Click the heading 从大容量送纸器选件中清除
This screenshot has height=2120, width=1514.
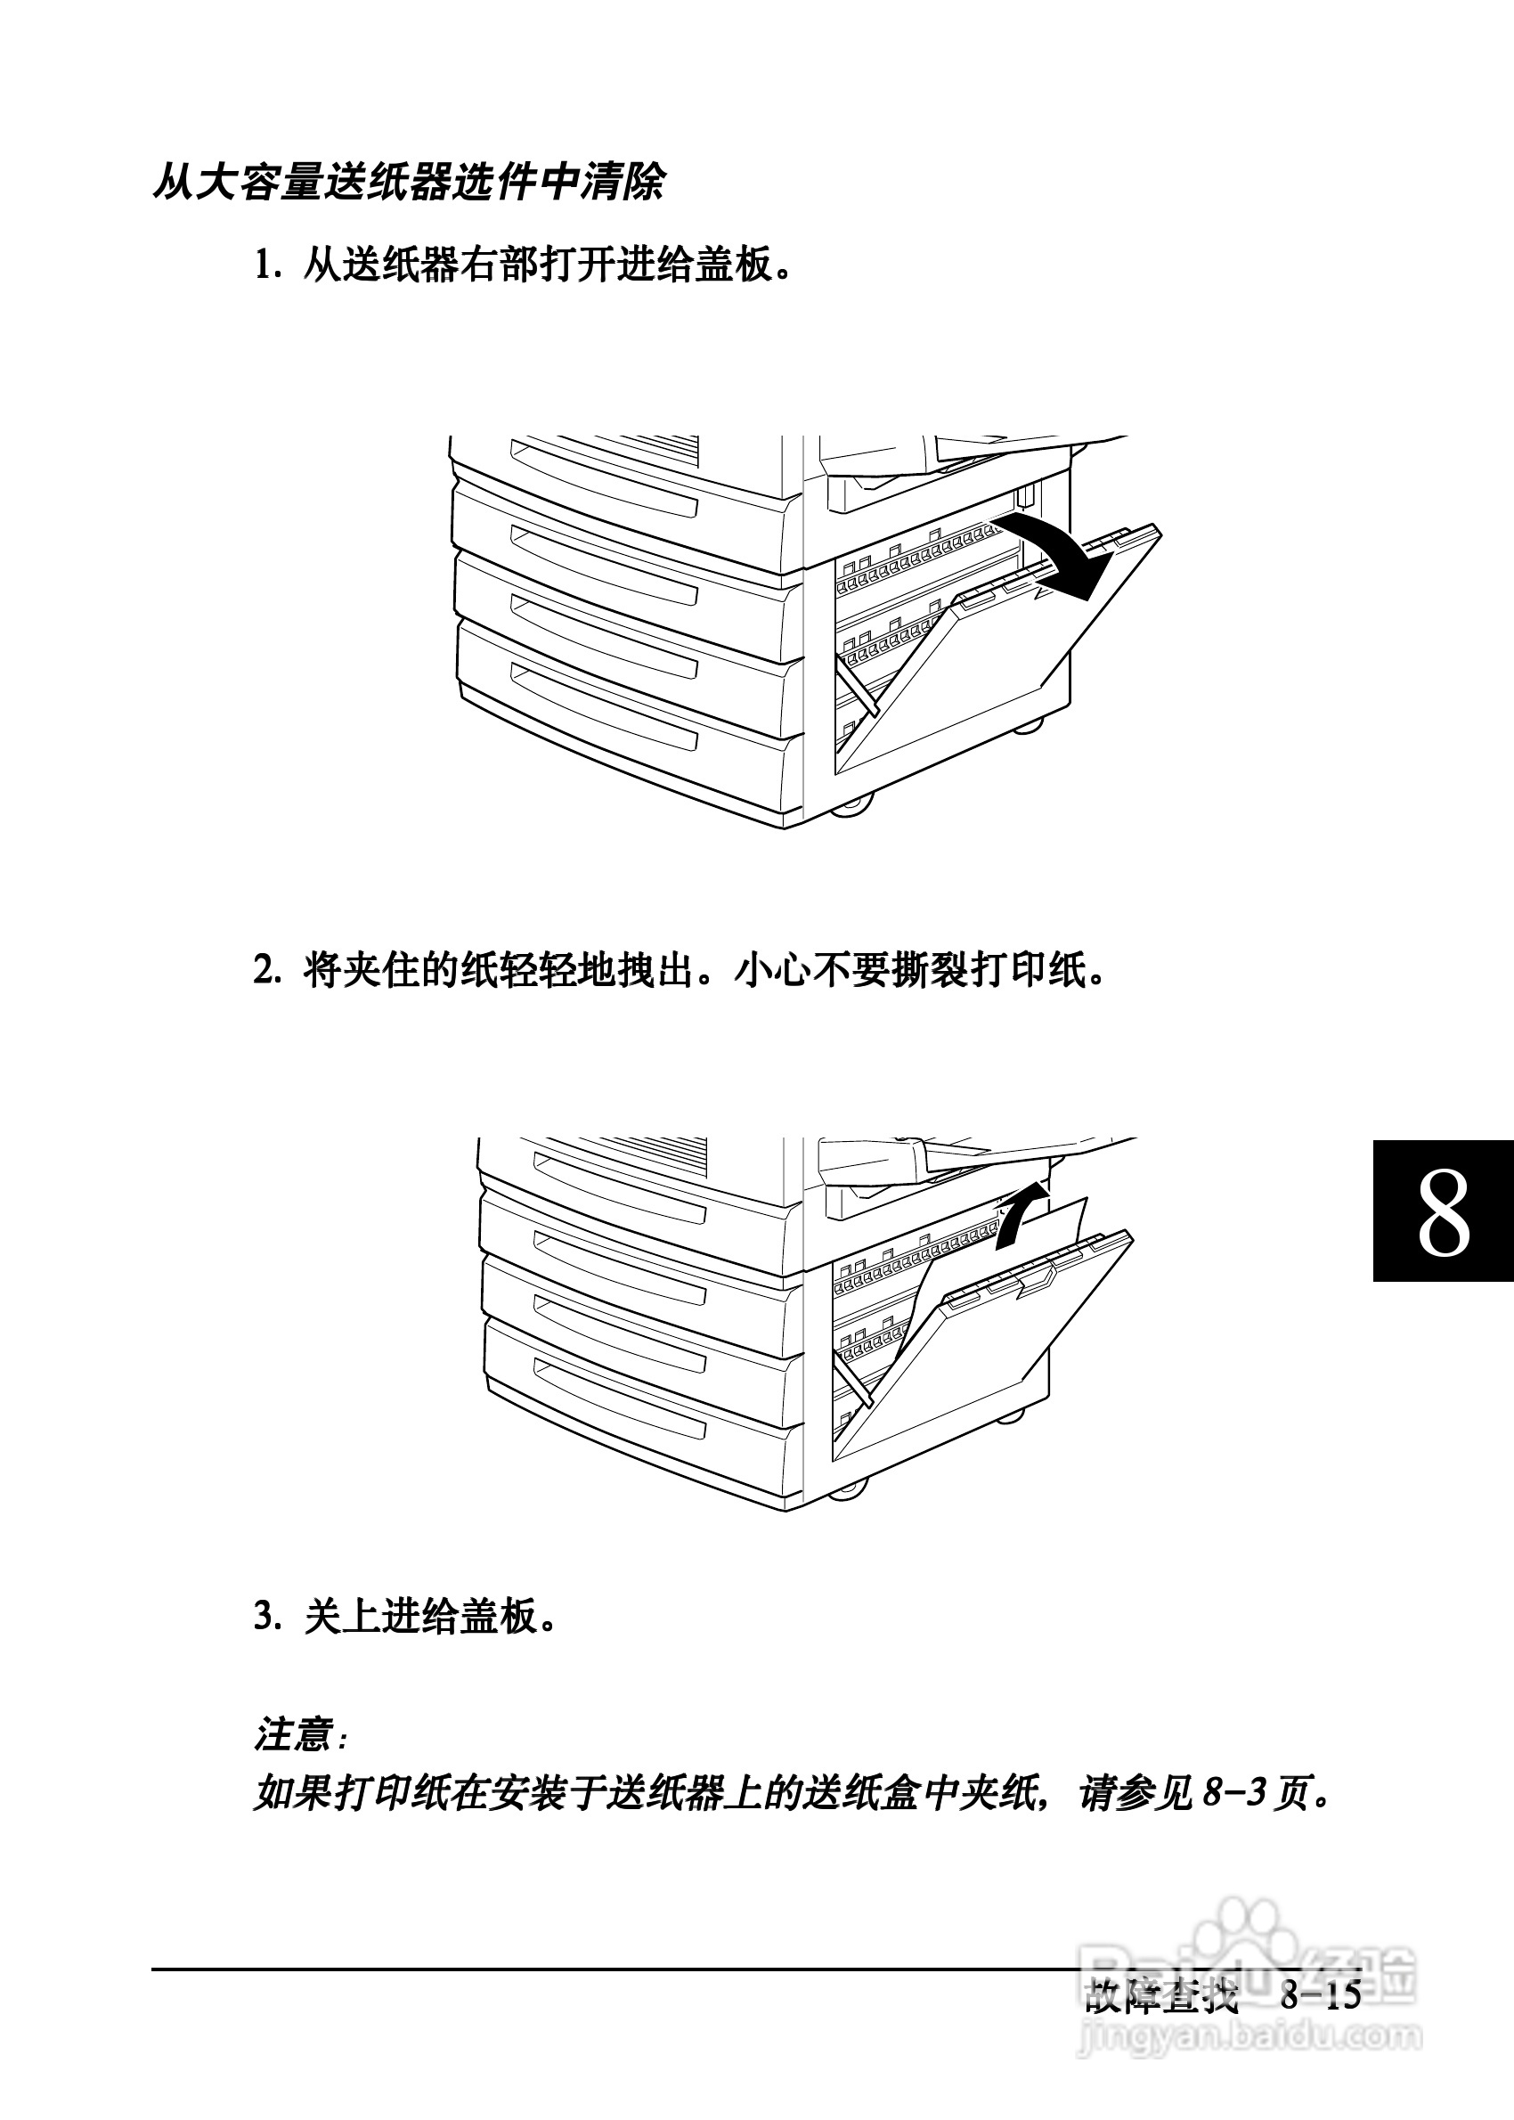click(x=408, y=182)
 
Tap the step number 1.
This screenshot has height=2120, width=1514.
click(x=265, y=265)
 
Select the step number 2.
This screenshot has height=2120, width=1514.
click(x=265, y=972)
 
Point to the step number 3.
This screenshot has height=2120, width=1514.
click(x=265, y=1616)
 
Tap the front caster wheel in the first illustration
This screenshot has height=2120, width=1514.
click(x=851, y=804)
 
